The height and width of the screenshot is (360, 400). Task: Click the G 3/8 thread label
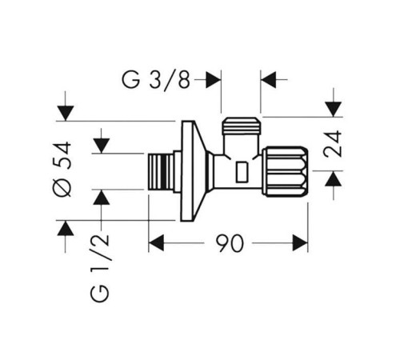click(x=156, y=80)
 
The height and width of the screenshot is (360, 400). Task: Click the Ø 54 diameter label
click(x=62, y=169)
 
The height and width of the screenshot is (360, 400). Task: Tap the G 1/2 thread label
click(x=100, y=268)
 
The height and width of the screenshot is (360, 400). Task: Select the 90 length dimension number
click(x=230, y=243)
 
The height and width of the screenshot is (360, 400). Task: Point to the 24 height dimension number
click(x=332, y=143)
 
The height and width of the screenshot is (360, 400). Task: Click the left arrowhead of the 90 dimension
click(x=156, y=243)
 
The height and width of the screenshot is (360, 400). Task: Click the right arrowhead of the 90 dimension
click(x=300, y=243)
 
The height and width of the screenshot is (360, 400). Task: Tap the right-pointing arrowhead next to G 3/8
click(x=214, y=79)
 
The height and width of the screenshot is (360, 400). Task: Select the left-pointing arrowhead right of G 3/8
click(x=268, y=79)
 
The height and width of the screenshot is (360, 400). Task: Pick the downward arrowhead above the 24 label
click(x=334, y=109)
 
